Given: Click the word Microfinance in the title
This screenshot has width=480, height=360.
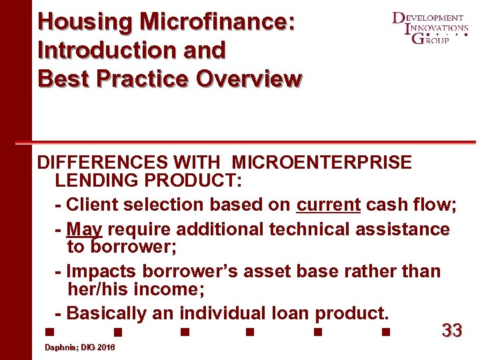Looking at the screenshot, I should coord(216,21).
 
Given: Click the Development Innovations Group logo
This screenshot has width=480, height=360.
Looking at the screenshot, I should coord(429,28).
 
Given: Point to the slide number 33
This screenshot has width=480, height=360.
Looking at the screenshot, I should coord(452,330).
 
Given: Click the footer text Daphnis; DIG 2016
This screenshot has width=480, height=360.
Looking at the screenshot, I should coord(79,348).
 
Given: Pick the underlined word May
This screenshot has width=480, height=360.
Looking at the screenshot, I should coord(85,229).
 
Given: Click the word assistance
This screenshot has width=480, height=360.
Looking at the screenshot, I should coord(405,229).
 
